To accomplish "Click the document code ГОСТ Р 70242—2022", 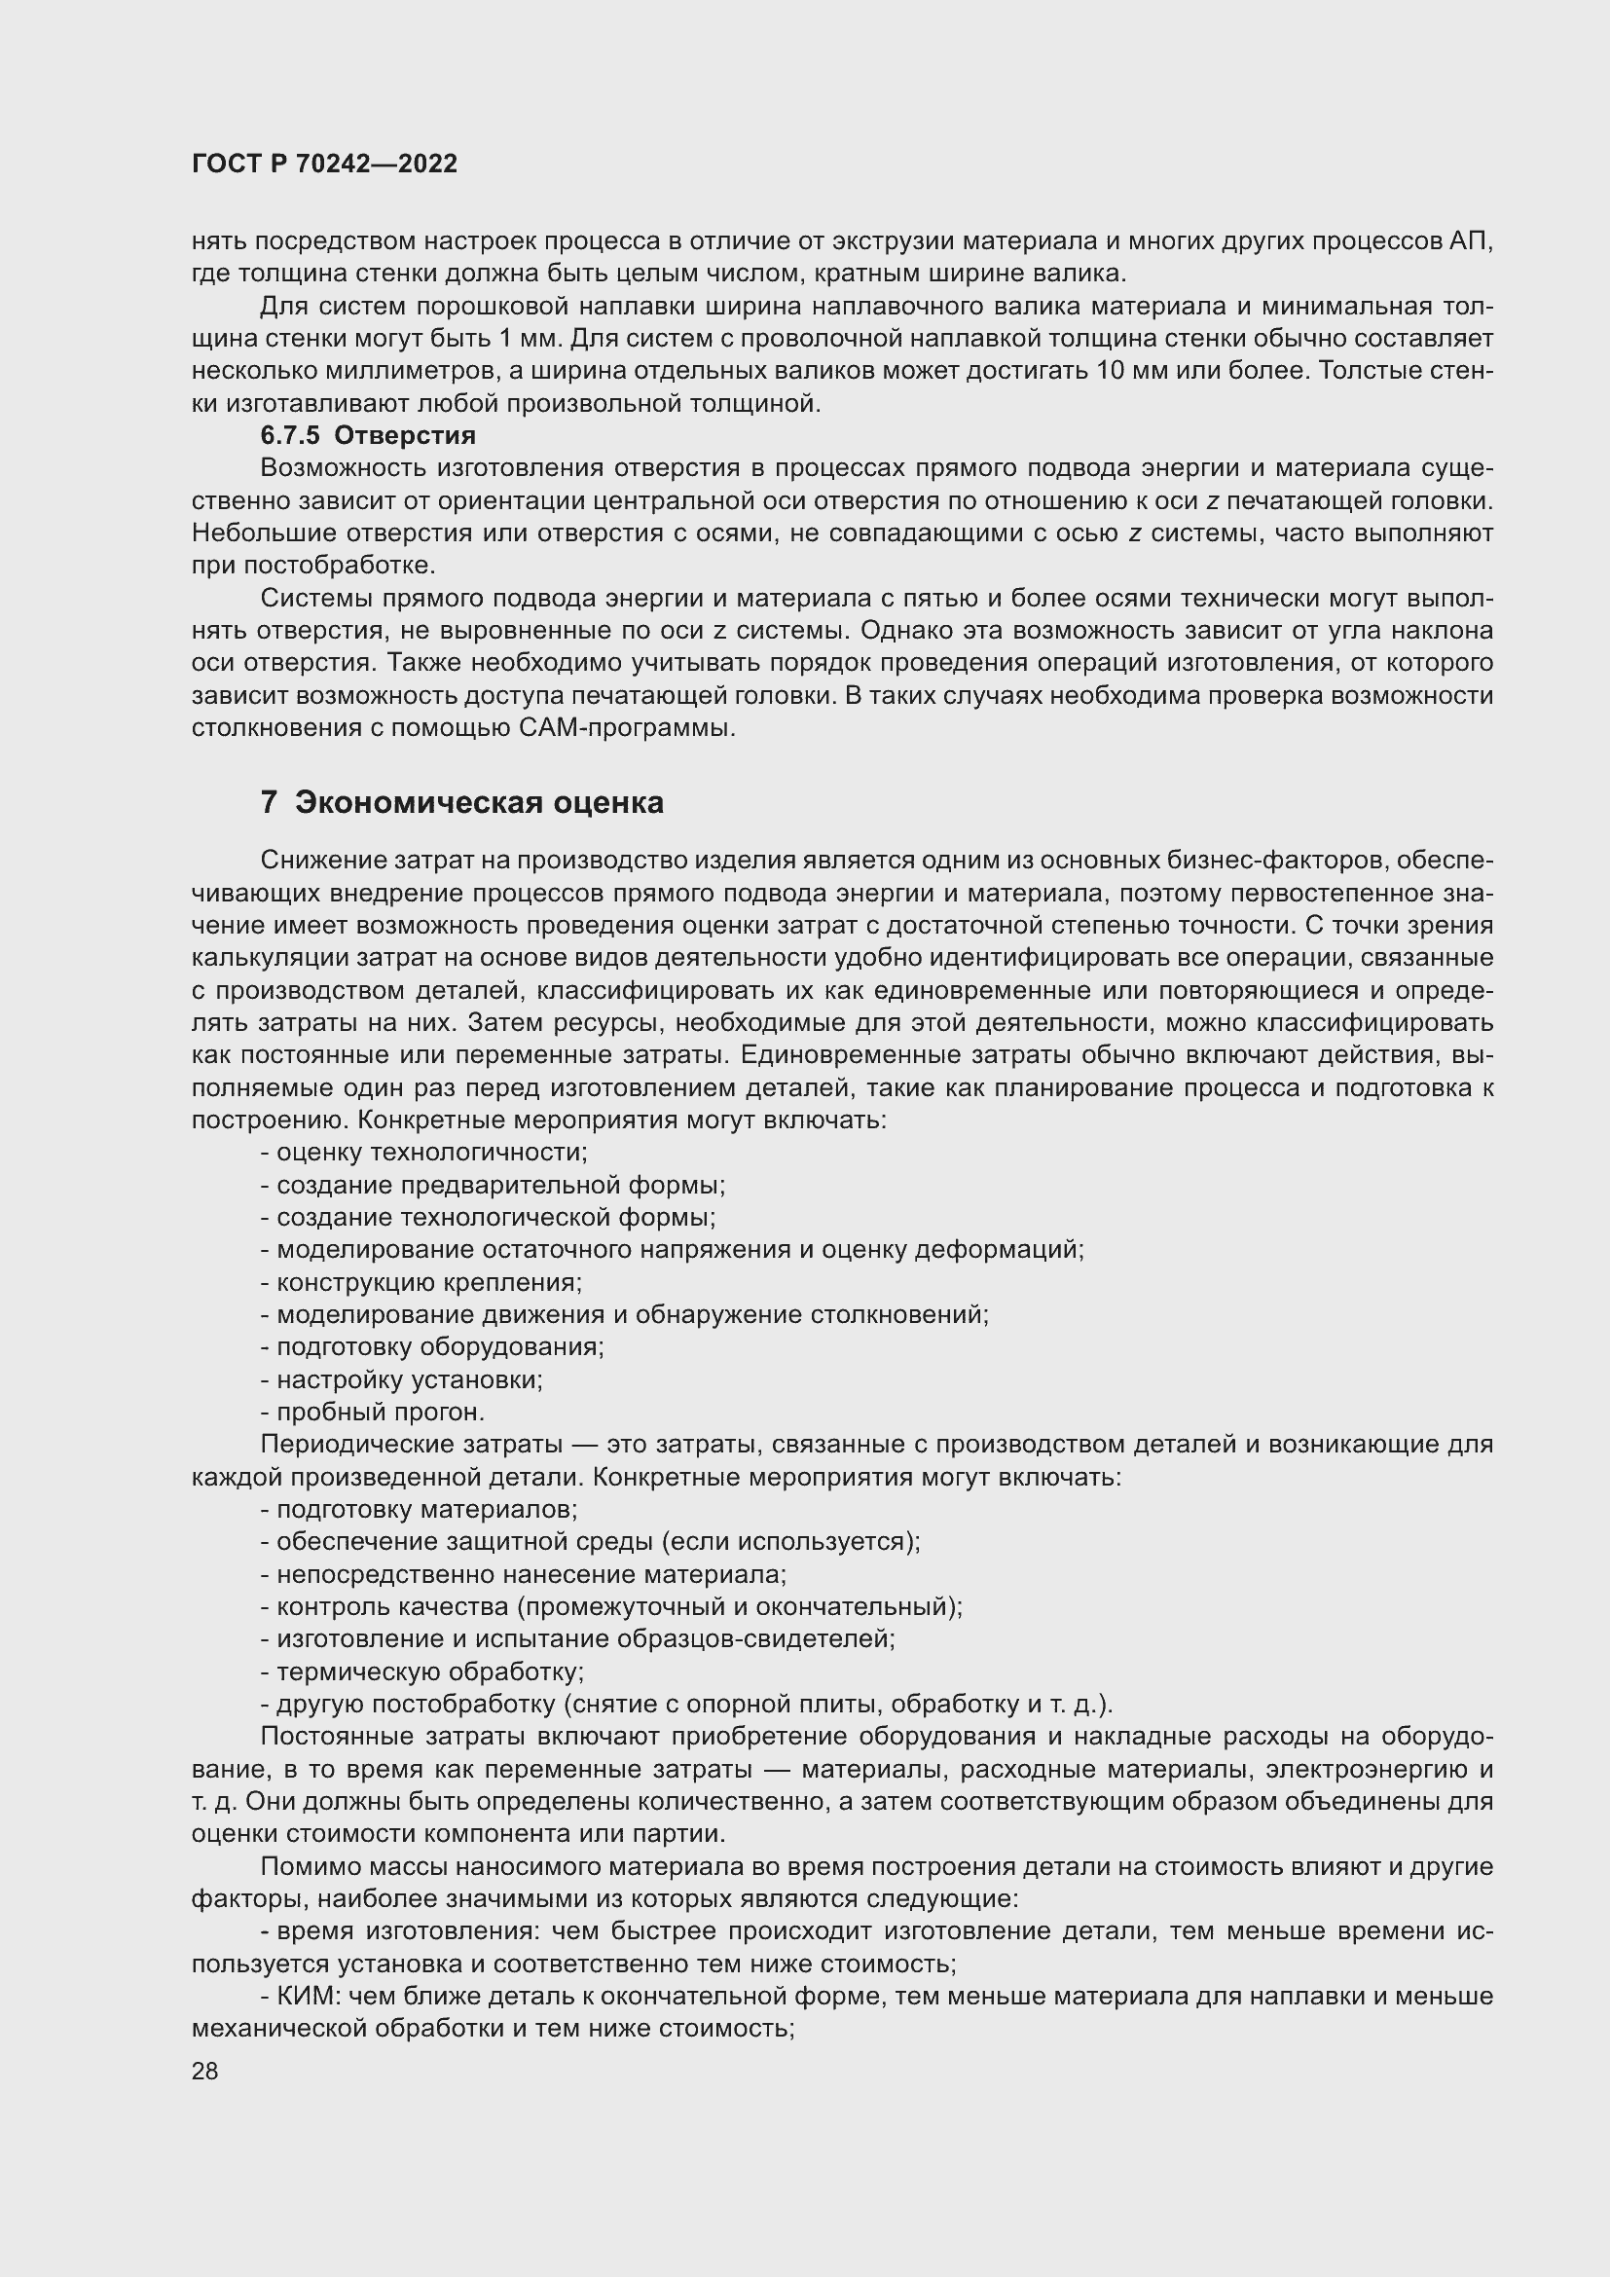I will (x=324, y=165).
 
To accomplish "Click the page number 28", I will (x=205, y=2071).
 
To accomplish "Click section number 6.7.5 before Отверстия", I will (x=290, y=435).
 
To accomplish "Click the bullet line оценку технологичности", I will (x=424, y=1153).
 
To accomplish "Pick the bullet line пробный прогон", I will (x=373, y=1412).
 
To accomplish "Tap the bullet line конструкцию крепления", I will (x=421, y=1282).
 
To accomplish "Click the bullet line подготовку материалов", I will (x=420, y=1510).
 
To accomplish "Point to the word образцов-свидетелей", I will (x=755, y=1639).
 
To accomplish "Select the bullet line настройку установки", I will (x=401, y=1379).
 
